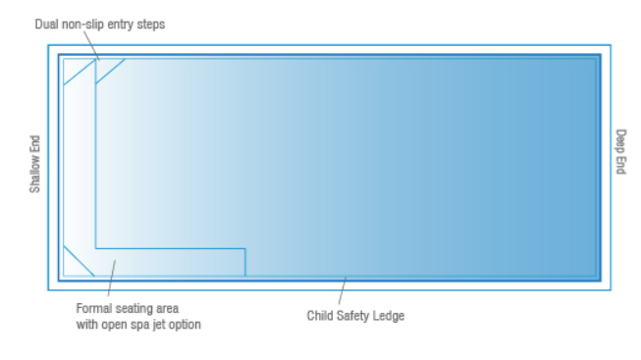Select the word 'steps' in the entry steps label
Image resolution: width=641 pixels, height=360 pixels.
click(x=150, y=24)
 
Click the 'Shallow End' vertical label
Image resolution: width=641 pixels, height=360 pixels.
click(x=35, y=164)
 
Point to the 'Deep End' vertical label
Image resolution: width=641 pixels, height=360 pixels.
click(x=619, y=152)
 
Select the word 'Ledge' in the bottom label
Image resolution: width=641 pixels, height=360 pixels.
click(x=391, y=316)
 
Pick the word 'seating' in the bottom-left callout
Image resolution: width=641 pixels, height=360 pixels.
click(x=136, y=309)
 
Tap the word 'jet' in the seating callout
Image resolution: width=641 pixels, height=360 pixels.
click(x=169, y=324)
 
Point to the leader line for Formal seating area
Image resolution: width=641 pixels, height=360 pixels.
click(x=110, y=280)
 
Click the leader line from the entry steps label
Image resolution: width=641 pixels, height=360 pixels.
click(x=91, y=45)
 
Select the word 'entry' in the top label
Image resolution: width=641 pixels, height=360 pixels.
click(x=121, y=24)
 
